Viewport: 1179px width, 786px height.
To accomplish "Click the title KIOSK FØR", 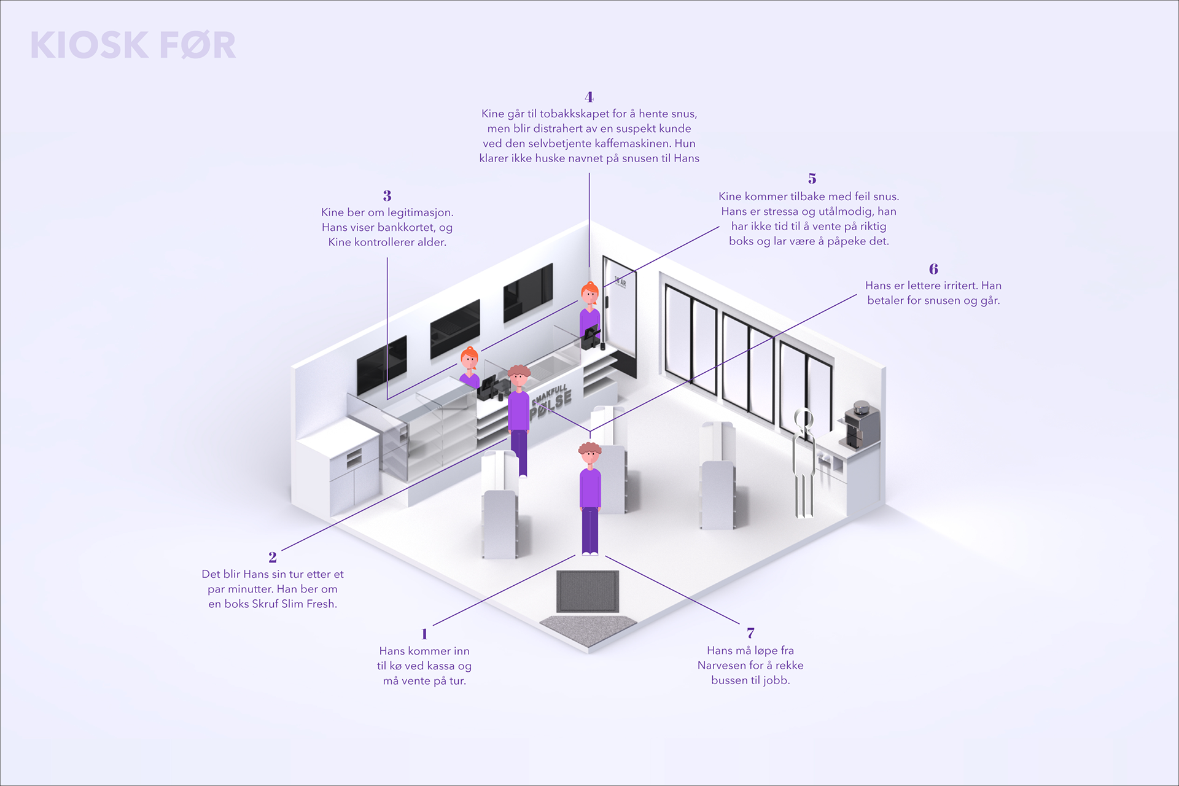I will point(133,45).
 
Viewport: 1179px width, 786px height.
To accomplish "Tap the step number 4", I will point(589,97).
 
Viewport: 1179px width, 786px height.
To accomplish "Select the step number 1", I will point(424,634).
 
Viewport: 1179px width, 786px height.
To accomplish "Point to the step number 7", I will point(750,633).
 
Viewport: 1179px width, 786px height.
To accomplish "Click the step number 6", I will point(933,269).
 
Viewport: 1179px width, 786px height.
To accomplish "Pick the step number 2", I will point(273,558).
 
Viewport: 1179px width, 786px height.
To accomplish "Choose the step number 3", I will point(387,196).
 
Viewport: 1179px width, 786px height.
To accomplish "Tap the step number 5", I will point(812,179).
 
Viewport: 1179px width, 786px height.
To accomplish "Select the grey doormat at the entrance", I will point(587,591).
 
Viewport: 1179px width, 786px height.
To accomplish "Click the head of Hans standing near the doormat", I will point(589,455).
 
